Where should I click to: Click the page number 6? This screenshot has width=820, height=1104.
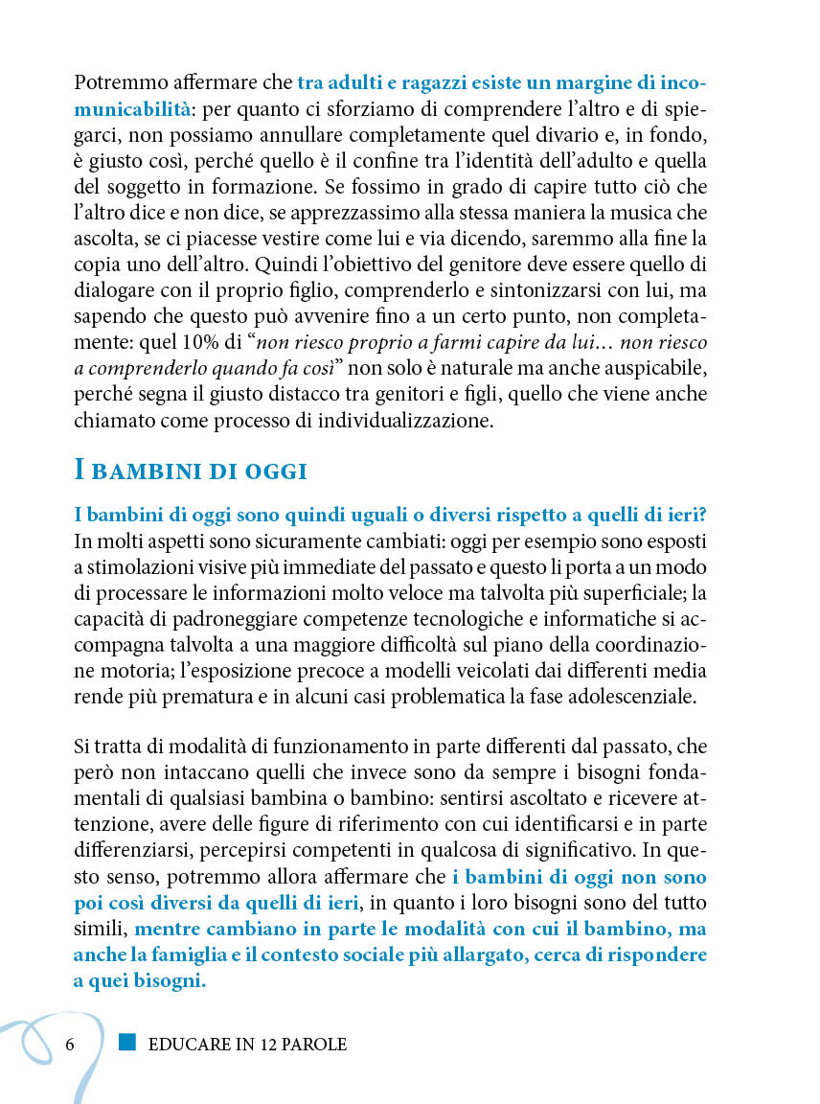pos(70,1044)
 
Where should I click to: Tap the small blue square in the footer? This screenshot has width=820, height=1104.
pos(127,1042)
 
